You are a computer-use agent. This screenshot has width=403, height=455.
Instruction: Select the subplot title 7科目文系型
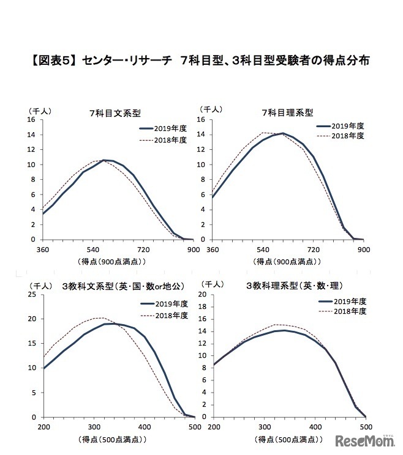point(115,113)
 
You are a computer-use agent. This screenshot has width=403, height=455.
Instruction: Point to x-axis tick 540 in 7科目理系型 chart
point(263,250)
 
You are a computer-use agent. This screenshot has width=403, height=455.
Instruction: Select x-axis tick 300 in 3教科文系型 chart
point(94,427)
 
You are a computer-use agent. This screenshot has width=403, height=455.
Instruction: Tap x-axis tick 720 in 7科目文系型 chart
point(144,250)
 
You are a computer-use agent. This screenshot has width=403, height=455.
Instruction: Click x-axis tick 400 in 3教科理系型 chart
point(315,427)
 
